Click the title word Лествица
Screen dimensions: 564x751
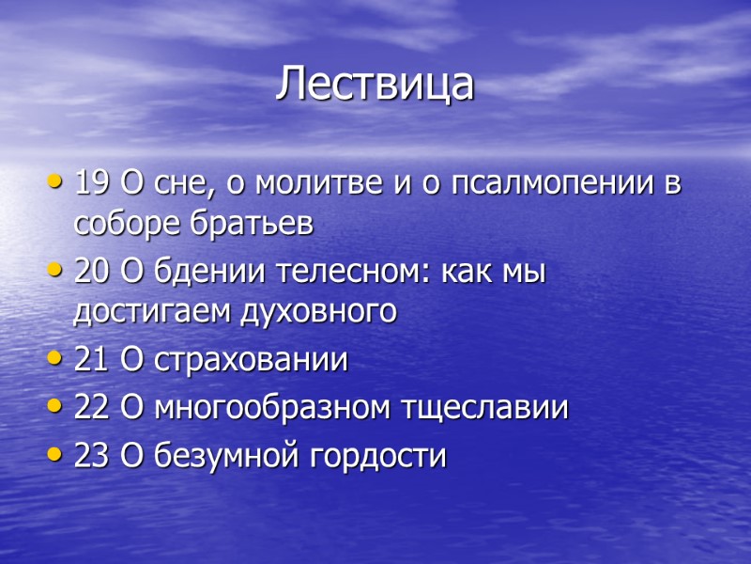click(375, 85)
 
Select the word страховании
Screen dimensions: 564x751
click(250, 360)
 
